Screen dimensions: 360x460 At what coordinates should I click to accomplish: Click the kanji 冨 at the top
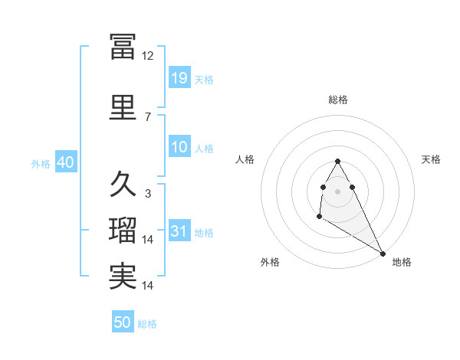tap(123, 47)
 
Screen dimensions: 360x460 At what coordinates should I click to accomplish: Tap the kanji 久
tap(123, 184)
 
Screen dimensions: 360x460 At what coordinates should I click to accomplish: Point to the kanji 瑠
tap(123, 231)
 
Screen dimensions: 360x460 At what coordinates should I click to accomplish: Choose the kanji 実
tap(123, 276)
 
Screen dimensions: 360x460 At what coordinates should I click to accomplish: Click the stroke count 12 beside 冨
tap(148, 56)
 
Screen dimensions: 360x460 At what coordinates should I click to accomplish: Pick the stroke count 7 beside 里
tap(148, 116)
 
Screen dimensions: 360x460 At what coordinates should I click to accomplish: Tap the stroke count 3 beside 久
tap(148, 194)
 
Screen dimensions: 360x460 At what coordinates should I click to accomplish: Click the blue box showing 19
tap(179, 77)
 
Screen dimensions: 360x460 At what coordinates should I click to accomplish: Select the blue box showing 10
tap(179, 147)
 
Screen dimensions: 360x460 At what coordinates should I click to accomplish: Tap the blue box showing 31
tap(179, 231)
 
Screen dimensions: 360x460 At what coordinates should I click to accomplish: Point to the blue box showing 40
tap(65, 162)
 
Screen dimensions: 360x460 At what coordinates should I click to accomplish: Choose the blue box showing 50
tap(123, 322)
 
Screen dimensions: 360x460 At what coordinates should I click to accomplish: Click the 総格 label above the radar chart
tap(338, 100)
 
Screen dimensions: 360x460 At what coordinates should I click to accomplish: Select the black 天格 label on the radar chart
tap(431, 159)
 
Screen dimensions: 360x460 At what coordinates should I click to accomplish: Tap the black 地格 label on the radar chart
tap(402, 262)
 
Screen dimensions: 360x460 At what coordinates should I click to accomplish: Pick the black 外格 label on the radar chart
tap(270, 262)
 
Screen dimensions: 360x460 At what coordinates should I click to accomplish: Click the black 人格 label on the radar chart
tap(245, 159)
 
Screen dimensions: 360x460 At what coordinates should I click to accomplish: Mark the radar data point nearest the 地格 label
tap(383, 253)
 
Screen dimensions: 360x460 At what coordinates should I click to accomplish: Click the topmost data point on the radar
tap(338, 162)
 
